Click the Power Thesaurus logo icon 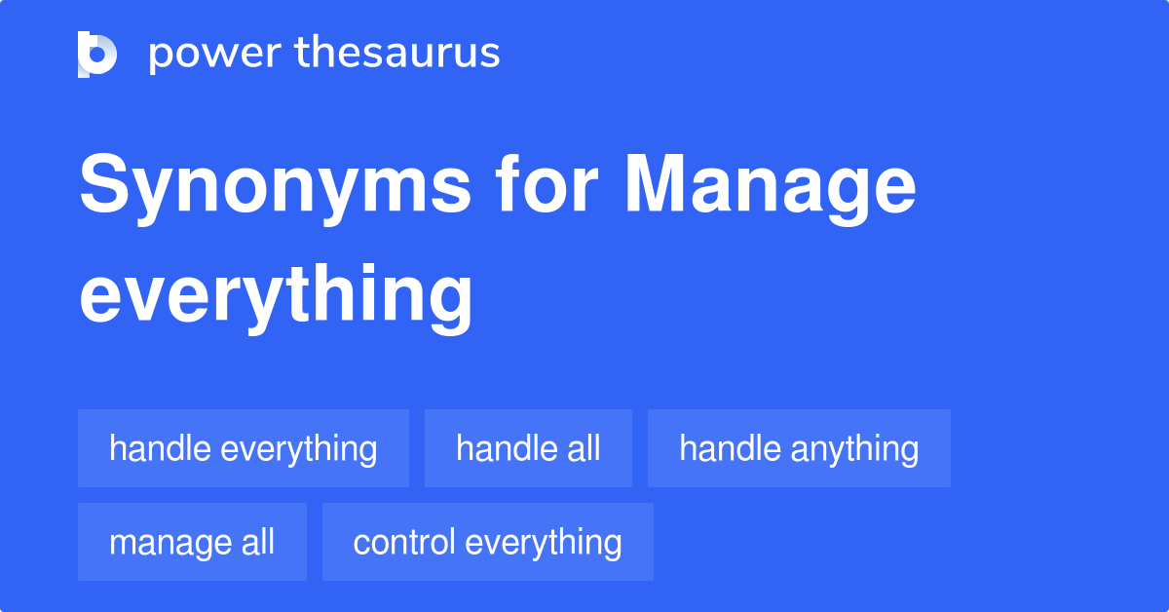pyautogui.click(x=97, y=54)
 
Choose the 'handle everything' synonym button pyautogui.click(x=244, y=448)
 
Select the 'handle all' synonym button pyautogui.click(x=528, y=448)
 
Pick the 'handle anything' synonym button pyautogui.click(x=799, y=448)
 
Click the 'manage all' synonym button pyautogui.click(x=192, y=542)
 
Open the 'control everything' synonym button pyautogui.click(x=487, y=542)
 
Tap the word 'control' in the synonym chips pyautogui.click(x=402, y=542)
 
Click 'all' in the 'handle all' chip pyautogui.click(x=582, y=448)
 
